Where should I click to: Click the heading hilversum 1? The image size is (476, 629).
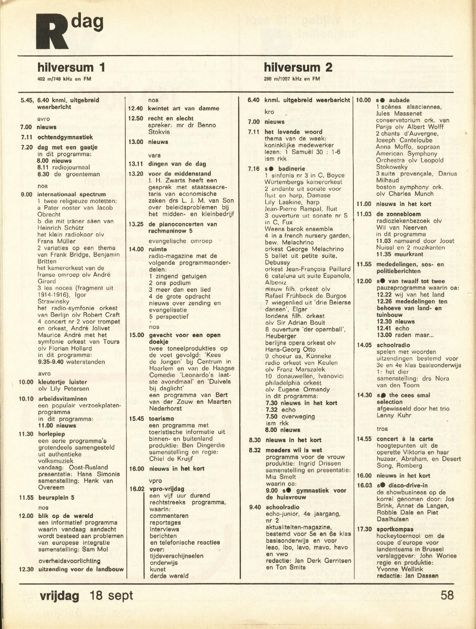pyautogui.click(x=71, y=67)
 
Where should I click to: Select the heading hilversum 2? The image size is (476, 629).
pyautogui.click(x=298, y=67)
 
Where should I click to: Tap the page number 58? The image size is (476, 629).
pyautogui.click(x=447, y=595)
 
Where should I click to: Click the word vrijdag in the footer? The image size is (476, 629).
pyautogui.click(x=59, y=595)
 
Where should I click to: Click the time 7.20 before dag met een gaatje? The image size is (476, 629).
pyautogui.click(x=27, y=147)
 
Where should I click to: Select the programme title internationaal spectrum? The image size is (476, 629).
pyautogui.click(x=71, y=194)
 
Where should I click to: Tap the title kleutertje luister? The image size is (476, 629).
pyautogui.click(x=62, y=382)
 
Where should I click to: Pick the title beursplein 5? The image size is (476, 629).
pyautogui.click(x=56, y=498)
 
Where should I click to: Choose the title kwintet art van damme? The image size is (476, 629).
pyautogui.click(x=184, y=108)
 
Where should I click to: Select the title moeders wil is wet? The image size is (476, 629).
pyautogui.click(x=289, y=450)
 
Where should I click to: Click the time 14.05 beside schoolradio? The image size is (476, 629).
pyautogui.click(x=364, y=345)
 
